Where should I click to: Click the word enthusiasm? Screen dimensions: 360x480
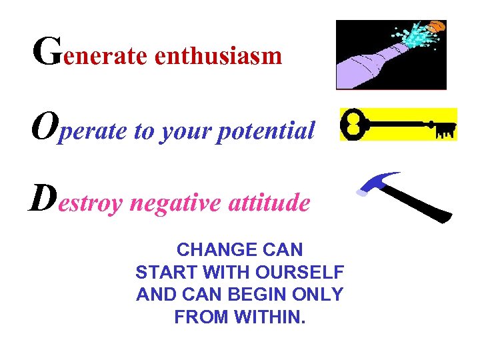[x=219, y=57]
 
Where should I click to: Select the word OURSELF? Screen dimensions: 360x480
[x=306, y=272]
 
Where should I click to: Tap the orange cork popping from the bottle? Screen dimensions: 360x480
[x=435, y=27]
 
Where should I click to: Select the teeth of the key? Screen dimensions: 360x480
[x=445, y=131]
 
